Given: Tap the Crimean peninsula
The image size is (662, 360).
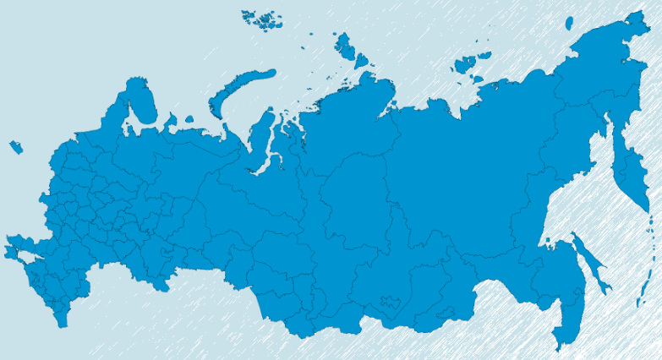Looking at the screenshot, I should pyautogui.click(x=14, y=249).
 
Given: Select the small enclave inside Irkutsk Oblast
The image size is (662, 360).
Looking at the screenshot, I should pyautogui.click(x=391, y=300).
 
